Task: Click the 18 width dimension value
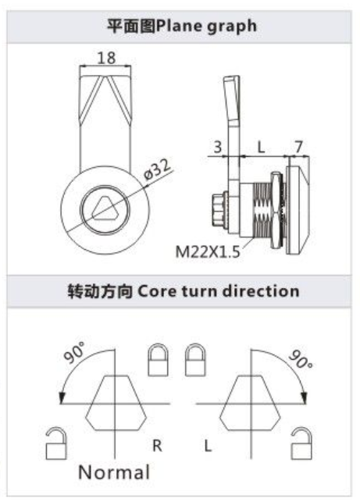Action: click(x=106, y=58)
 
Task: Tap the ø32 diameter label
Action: click(x=158, y=169)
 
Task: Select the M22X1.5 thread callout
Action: click(x=208, y=251)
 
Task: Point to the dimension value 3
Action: click(x=218, y=147)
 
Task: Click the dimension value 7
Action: click(x=298, y=147)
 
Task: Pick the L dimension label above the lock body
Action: click(x=262, y=148)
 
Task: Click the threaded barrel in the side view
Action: click(x=262, y=210)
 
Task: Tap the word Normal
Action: click(x=114, y=472)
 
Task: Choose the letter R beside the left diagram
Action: click(x=157, y=445)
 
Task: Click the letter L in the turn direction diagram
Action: click(x=208, y=445)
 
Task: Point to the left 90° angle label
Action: click(x=74, y=352)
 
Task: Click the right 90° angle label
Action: click(x=301, y=359)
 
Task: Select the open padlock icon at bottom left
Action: click(x=56, y=443)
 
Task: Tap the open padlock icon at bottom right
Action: click(x=301, y=443)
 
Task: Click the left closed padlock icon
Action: click(x=159, y=360)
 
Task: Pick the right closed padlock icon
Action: click(x=195, y=360)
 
